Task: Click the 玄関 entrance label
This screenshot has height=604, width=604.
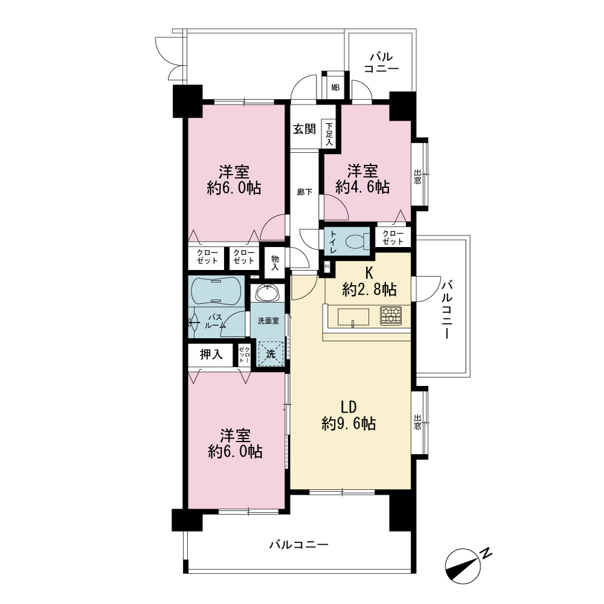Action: [x=304, y=129]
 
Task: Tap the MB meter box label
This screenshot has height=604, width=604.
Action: [x=335, y=88]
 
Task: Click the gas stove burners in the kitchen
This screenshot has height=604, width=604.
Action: [x=391, y=316]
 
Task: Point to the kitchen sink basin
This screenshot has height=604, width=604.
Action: [x=353, y=317]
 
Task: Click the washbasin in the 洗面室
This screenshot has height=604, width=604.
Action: [x=268, y=294]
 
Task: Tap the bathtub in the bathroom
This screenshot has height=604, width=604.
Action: [x=216, y=291]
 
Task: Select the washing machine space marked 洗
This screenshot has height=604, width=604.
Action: [x=271, y=353]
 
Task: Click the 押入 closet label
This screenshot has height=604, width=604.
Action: [x=211, y=355]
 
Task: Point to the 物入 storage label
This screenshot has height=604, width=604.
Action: [x=275, y=263]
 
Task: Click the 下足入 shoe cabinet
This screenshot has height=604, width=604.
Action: [x=329, y=134]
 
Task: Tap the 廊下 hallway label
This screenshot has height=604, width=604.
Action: [x=304, y=192]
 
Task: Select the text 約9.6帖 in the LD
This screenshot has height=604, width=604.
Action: [x=349, y=424]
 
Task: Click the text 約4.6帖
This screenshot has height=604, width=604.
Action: [x=362, y=187]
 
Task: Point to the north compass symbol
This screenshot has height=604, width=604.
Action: [x=463, y=565]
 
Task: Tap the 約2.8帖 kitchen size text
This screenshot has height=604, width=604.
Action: [x=369, y=289]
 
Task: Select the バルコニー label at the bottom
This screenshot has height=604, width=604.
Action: [x=298, y=544]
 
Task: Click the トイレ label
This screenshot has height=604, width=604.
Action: [x=333, y=242]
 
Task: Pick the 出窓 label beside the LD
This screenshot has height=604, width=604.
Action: [x=417, y=422]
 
